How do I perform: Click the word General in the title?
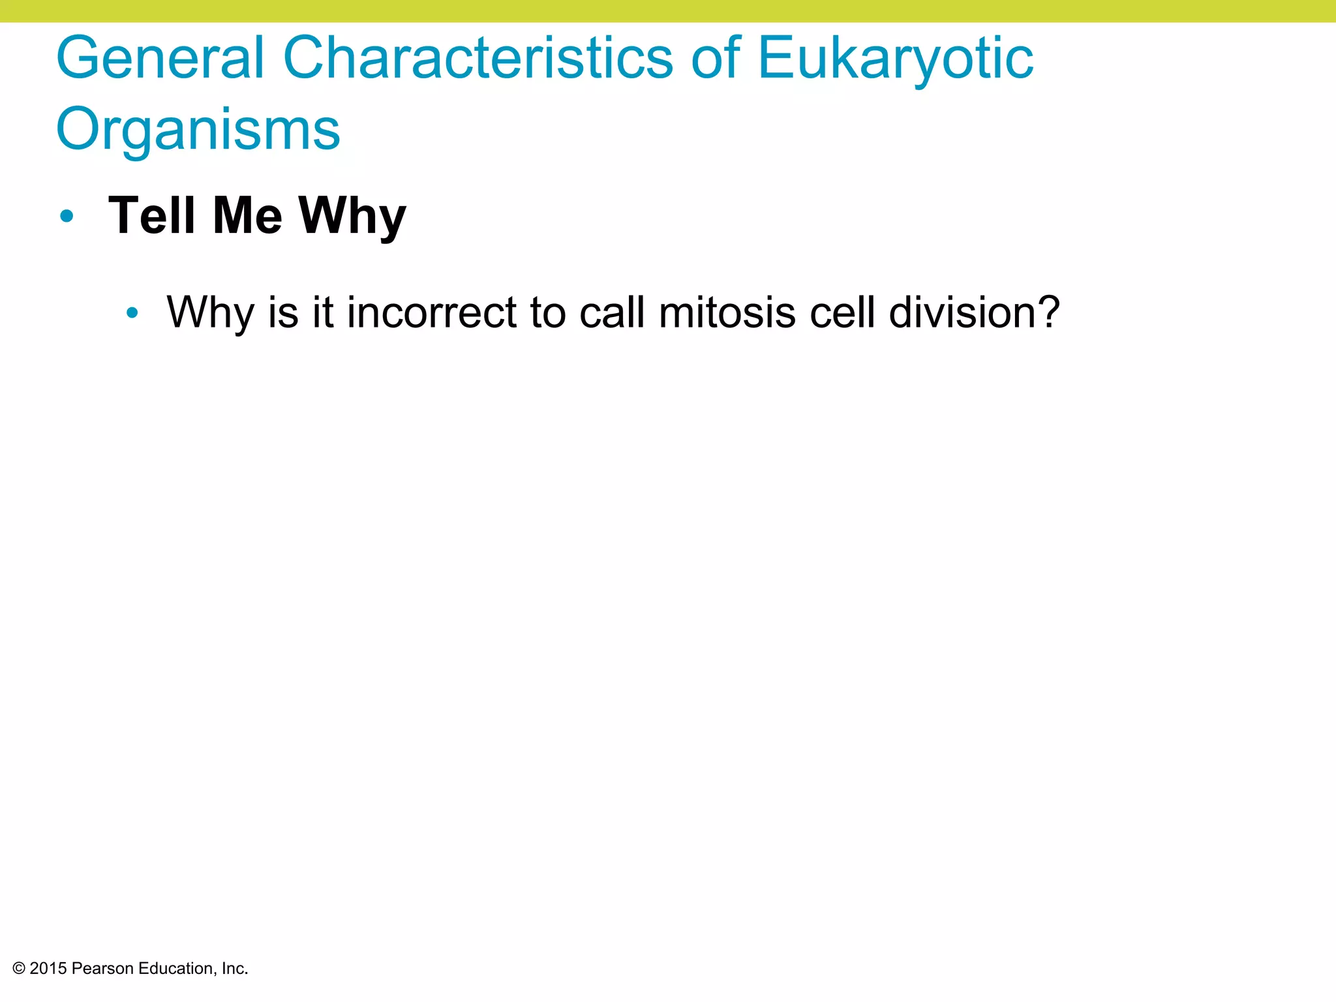160,59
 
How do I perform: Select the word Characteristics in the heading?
478,59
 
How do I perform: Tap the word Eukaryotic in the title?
895,59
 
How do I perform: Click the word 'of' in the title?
716,59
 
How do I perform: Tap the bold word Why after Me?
352,217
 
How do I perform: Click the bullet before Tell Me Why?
67,216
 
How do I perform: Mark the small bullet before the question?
132,313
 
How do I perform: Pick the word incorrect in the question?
431,312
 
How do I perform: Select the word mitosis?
727,312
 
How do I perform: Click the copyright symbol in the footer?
18,969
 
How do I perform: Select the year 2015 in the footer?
48,969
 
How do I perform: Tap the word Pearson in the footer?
102,969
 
